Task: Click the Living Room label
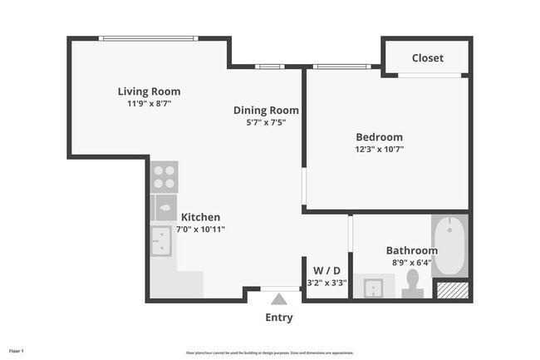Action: coord(149,91)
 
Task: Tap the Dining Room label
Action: coord(266,110)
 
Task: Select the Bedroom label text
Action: coord(379,137)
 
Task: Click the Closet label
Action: coord(427,58)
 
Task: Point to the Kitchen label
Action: coord(200,217)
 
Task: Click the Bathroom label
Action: coord(411,250)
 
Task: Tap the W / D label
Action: coord(326,270)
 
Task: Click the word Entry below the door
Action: coord(278,318)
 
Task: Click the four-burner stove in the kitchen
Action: coord(164,177)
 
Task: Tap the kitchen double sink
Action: coord(161,241)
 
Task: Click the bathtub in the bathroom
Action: coord(449,245)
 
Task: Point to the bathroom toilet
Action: coord(412,284)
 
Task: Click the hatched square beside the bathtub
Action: coord(452,290)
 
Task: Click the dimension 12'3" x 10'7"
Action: coord(379,150)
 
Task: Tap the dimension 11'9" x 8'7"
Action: coord(149,104)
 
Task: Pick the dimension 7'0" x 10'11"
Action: coord(200,229)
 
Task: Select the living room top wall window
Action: coord(149,38)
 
